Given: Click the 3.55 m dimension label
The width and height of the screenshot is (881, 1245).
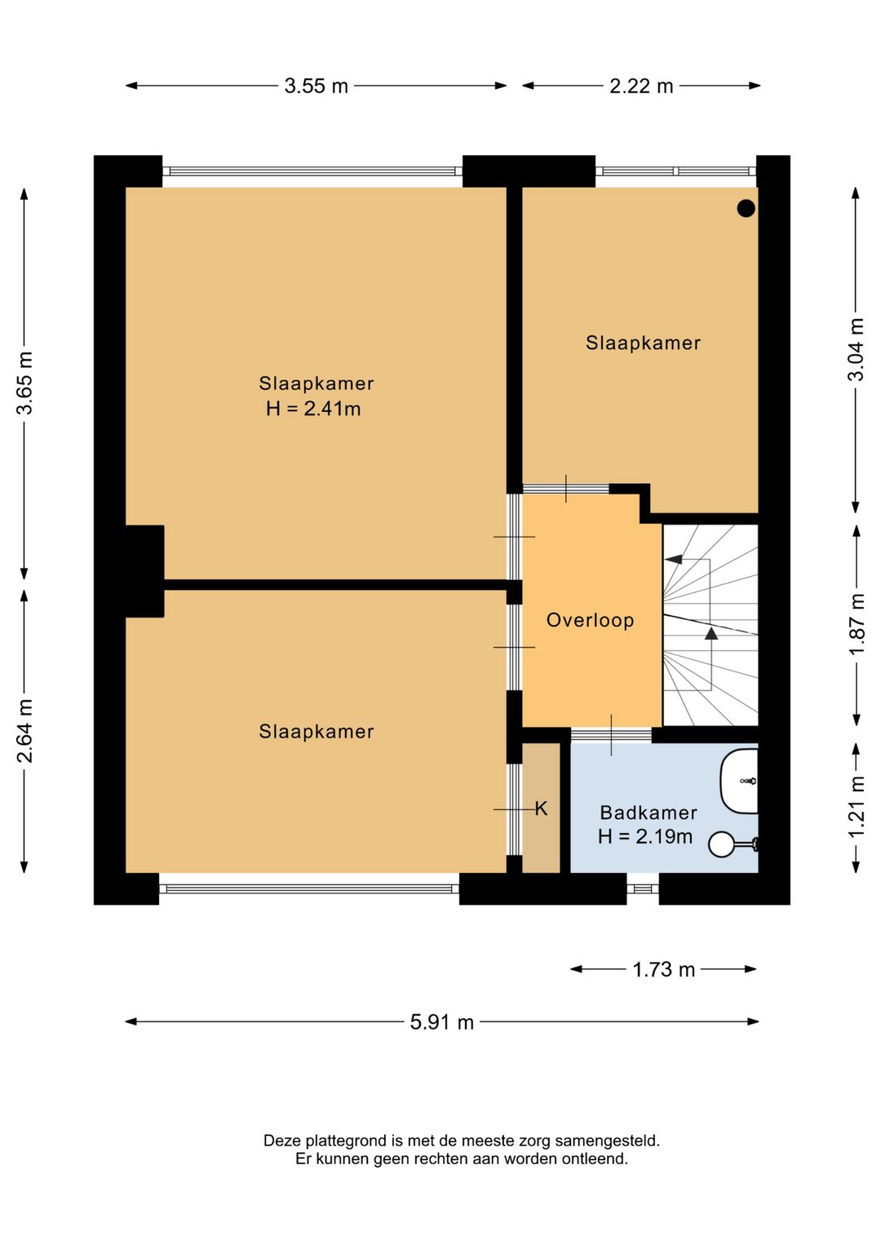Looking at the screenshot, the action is (x=316, y=86).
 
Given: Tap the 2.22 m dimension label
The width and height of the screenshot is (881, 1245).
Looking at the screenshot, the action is (x=641, y=86).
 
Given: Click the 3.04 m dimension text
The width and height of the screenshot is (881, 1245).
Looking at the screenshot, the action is (x=856, y=350).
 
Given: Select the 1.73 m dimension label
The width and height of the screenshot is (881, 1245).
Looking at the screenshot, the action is (x=664, y=970).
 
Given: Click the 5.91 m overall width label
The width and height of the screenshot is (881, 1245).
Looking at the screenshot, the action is (x=442, y=1022).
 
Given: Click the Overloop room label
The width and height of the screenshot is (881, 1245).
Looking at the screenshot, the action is (x=590, y=620).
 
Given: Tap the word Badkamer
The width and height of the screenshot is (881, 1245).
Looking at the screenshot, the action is (x=648, y=813).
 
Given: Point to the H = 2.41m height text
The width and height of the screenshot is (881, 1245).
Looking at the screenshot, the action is (x=313, y=409).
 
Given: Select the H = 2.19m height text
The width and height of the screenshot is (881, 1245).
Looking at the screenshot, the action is (x=645, y=836).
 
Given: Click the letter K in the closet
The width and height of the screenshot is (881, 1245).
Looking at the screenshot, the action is (x=541, y=809).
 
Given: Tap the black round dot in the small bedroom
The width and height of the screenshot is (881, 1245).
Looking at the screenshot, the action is (x=746, y=208).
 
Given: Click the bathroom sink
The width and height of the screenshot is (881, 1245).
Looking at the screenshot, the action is (x=739, y=781).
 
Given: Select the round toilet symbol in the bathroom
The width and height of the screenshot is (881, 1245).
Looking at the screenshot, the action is (x=722, y=844).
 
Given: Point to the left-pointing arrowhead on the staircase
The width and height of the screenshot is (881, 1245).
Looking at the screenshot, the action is (x=674, y=559).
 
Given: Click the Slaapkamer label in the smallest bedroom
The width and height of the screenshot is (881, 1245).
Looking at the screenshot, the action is (x=643, y=343).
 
